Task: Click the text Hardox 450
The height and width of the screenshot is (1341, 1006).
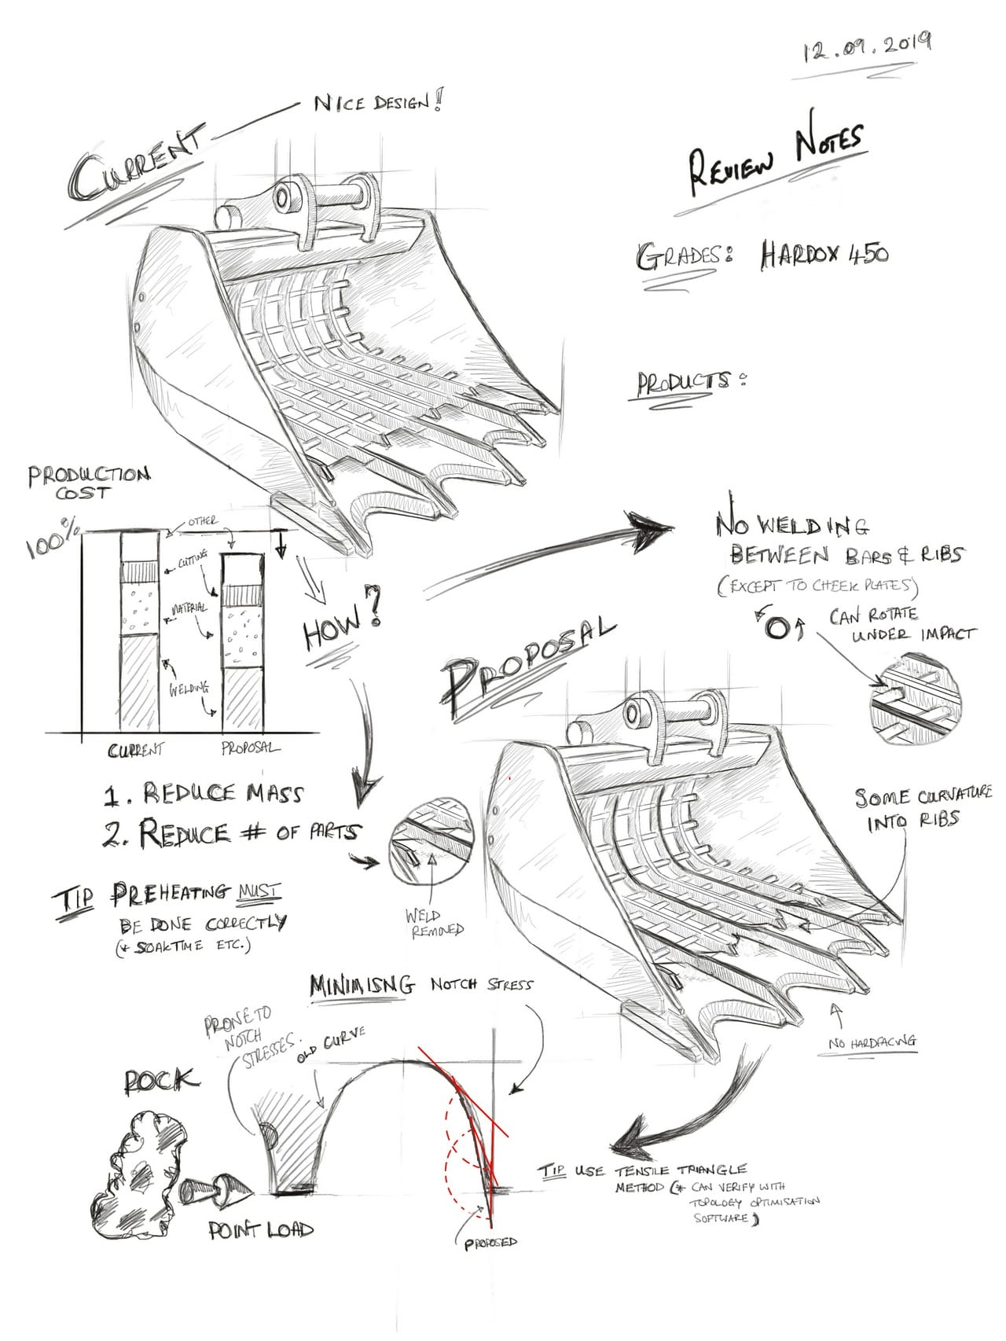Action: [824, 255]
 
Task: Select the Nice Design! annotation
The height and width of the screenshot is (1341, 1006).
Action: [376, 102]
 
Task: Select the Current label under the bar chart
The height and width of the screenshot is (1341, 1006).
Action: [136, 750]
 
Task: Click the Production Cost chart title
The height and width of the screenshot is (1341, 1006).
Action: [88, 483]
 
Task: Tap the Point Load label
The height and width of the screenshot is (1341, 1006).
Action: [261, 1231]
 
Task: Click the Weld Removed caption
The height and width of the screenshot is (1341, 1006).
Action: [434, 923]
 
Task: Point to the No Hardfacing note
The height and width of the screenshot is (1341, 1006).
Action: [872, 1043]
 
